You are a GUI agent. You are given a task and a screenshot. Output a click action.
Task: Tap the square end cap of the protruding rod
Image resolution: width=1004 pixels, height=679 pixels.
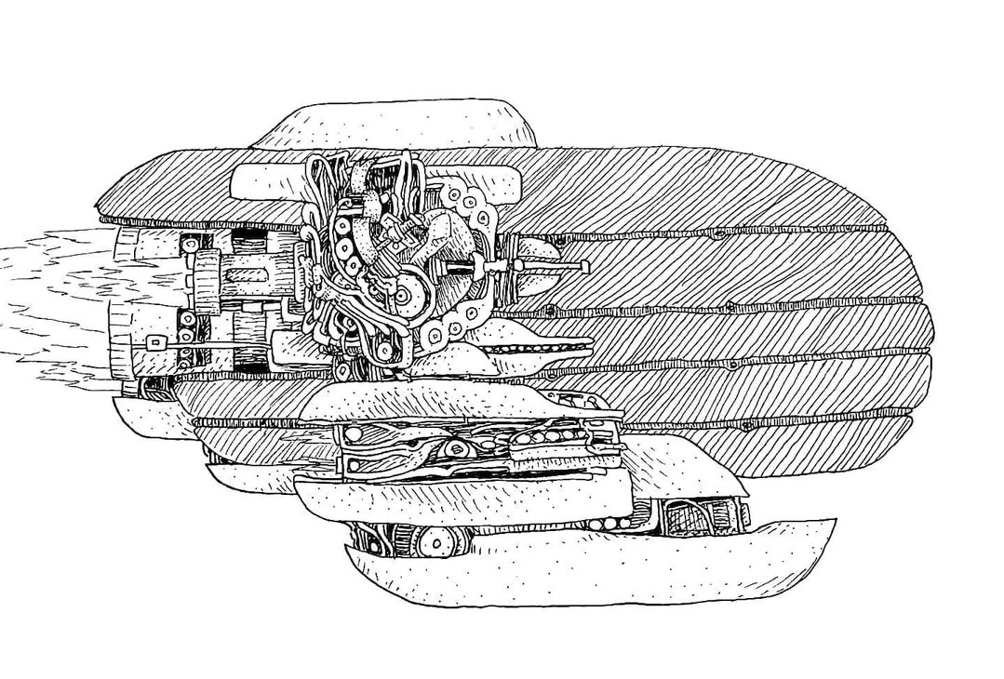click(x=585, y=268)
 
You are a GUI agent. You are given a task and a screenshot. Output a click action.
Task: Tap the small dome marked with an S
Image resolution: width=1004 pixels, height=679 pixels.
click(x=537, y=249)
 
